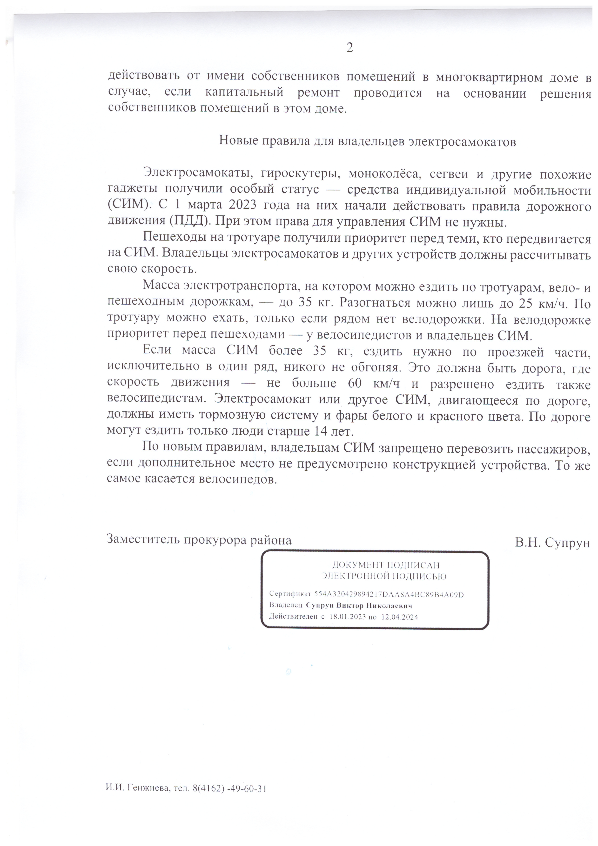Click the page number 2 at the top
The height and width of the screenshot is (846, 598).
[x=349, y=48]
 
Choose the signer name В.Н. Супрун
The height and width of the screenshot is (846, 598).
[x=552, y=542]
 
